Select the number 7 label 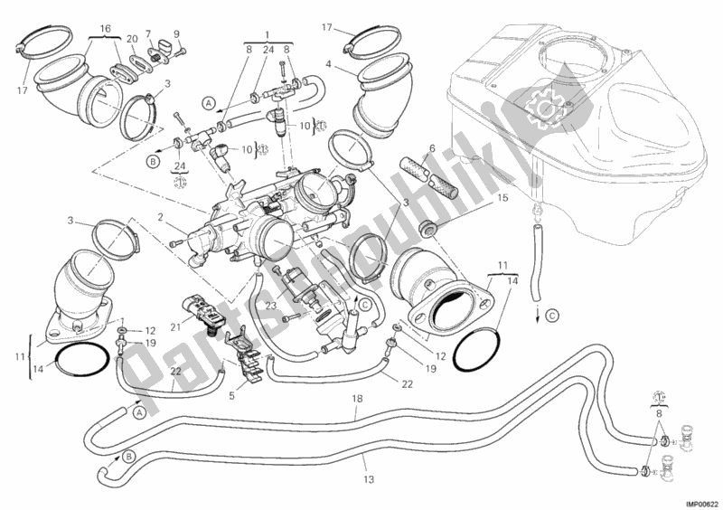(x=148, y=33)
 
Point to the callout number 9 (x=176, y=35)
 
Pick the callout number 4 (x=328, y=64)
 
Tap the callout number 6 (x=432, y=149)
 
